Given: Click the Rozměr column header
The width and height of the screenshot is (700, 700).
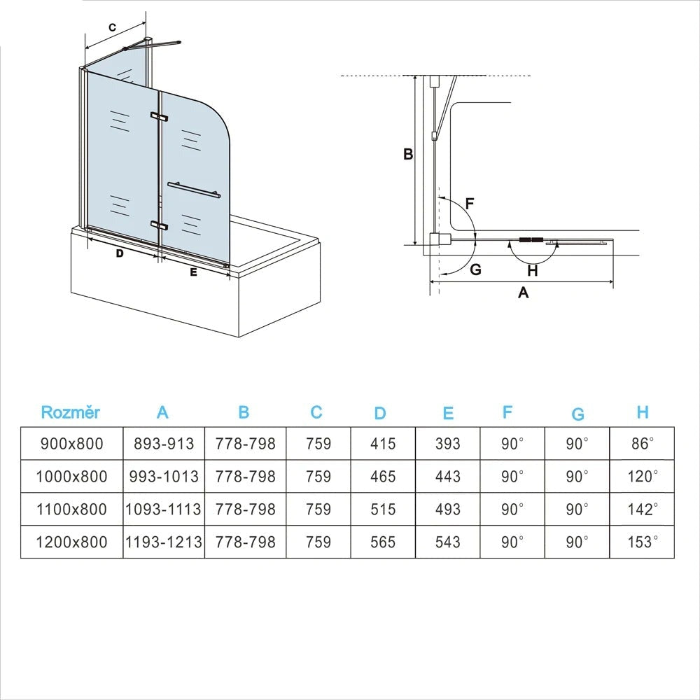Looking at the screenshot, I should point(71,412).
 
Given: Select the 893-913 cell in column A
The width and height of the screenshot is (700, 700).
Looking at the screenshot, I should point(163,444).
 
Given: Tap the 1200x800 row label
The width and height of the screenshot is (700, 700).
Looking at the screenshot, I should point(71,542).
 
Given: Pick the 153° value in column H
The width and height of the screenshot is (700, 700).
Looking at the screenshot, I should point(643,542).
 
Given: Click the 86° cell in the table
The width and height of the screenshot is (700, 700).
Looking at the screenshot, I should point(643,444).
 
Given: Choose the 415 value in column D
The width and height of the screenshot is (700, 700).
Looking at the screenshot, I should point(383,444).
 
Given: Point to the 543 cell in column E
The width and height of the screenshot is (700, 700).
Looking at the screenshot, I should point(447,542).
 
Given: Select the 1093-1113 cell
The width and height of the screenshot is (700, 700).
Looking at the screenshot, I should point(163,509).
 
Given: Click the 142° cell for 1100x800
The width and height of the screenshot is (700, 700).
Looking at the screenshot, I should point(643,509).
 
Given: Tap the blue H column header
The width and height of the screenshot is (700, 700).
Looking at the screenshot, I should point(643,412).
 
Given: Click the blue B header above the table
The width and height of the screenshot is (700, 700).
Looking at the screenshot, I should point(244,412).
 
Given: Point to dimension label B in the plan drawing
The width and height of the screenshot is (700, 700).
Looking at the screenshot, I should point(408,155).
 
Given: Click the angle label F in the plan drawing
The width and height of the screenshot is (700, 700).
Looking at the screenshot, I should point(470,204).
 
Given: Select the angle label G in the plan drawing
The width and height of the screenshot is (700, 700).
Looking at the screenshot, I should point(476,269).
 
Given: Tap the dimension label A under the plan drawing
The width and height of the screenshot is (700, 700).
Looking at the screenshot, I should point(523,293).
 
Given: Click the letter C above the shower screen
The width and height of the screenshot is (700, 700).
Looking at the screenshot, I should point(112,27).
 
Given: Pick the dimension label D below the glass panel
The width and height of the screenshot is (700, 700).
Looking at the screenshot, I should point(120,253).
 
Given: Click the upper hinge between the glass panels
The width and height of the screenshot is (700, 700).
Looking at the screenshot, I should point(159,117).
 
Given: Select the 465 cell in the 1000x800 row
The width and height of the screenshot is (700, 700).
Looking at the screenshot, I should point(383,477).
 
